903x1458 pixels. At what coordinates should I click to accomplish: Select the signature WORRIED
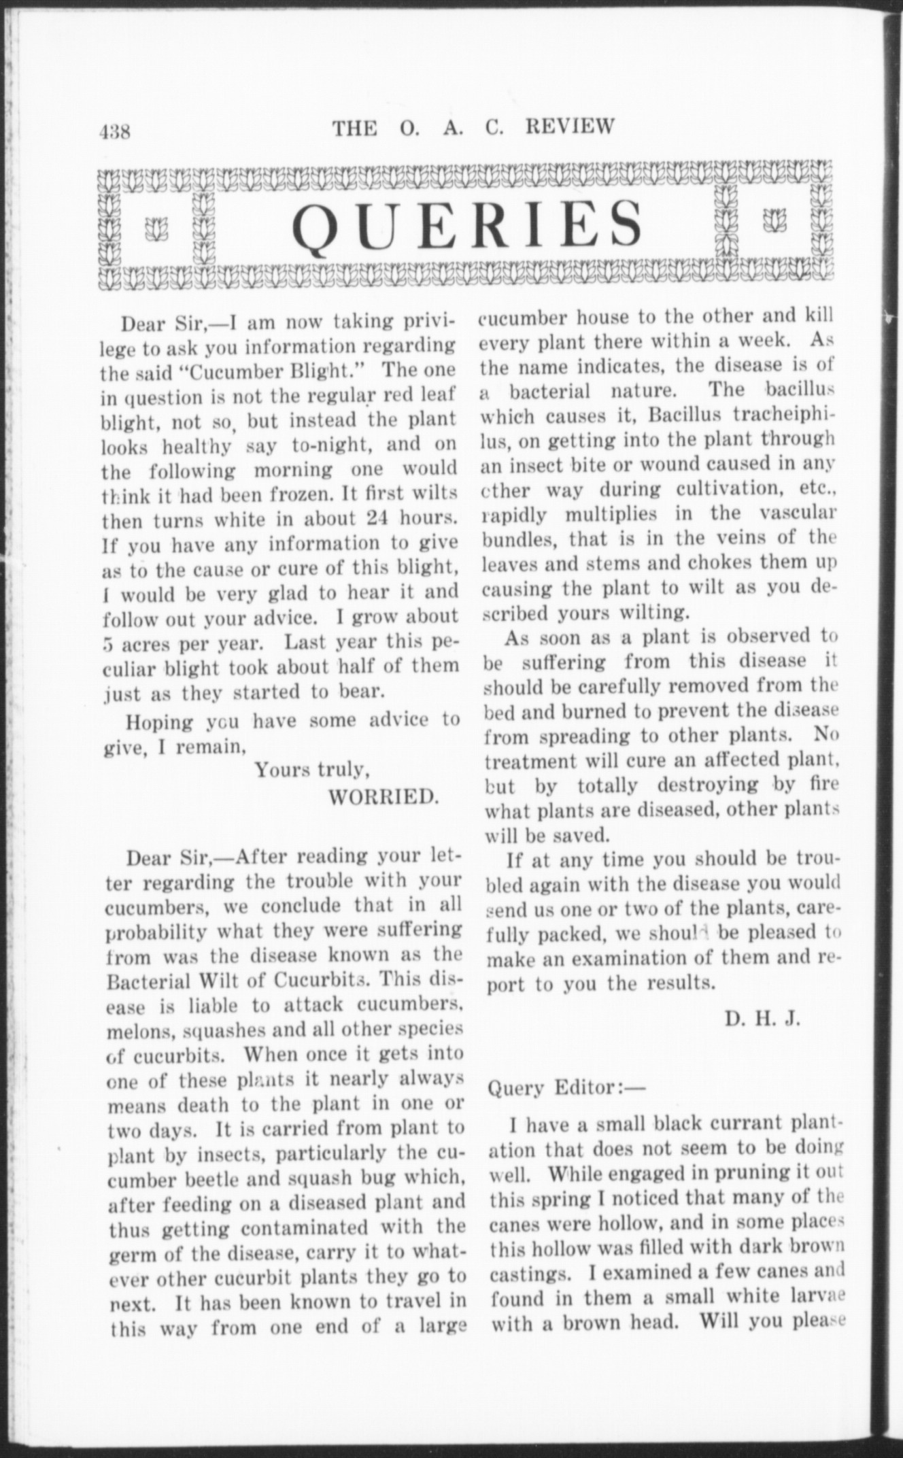click(x=384, y=796)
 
